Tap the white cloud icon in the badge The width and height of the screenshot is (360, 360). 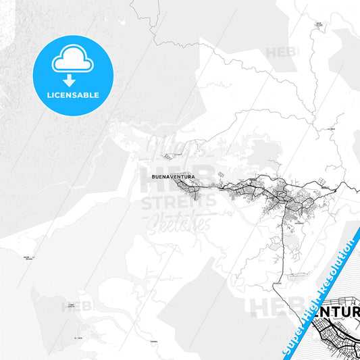[72, 61]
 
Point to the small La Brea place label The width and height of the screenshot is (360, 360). [331, 128]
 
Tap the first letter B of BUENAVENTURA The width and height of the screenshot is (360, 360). [147, 177]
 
